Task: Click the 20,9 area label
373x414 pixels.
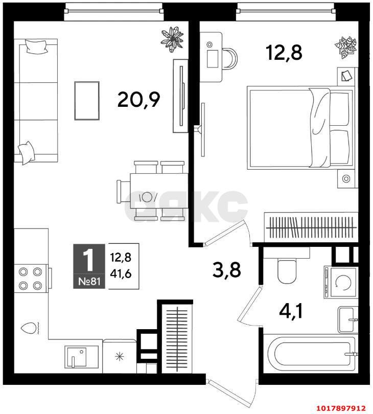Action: (139, 100)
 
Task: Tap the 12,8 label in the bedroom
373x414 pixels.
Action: (284, 52)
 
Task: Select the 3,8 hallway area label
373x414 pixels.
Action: (227, 269)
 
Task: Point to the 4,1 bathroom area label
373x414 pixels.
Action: (291, 311)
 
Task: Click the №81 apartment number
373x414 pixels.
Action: (89, 282)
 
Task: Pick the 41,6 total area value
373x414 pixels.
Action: (121, 274)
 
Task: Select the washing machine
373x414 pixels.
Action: (341, 283)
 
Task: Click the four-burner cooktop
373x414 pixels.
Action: (31, 278)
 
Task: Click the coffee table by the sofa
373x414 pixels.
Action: (87, 101)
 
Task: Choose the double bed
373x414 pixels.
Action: (300, 128)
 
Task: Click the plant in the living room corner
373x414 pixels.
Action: (172, 39)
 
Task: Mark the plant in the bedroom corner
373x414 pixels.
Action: (346, 48)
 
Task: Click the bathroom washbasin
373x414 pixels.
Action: (348, 319)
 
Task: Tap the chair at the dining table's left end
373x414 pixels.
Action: (123, 192)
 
